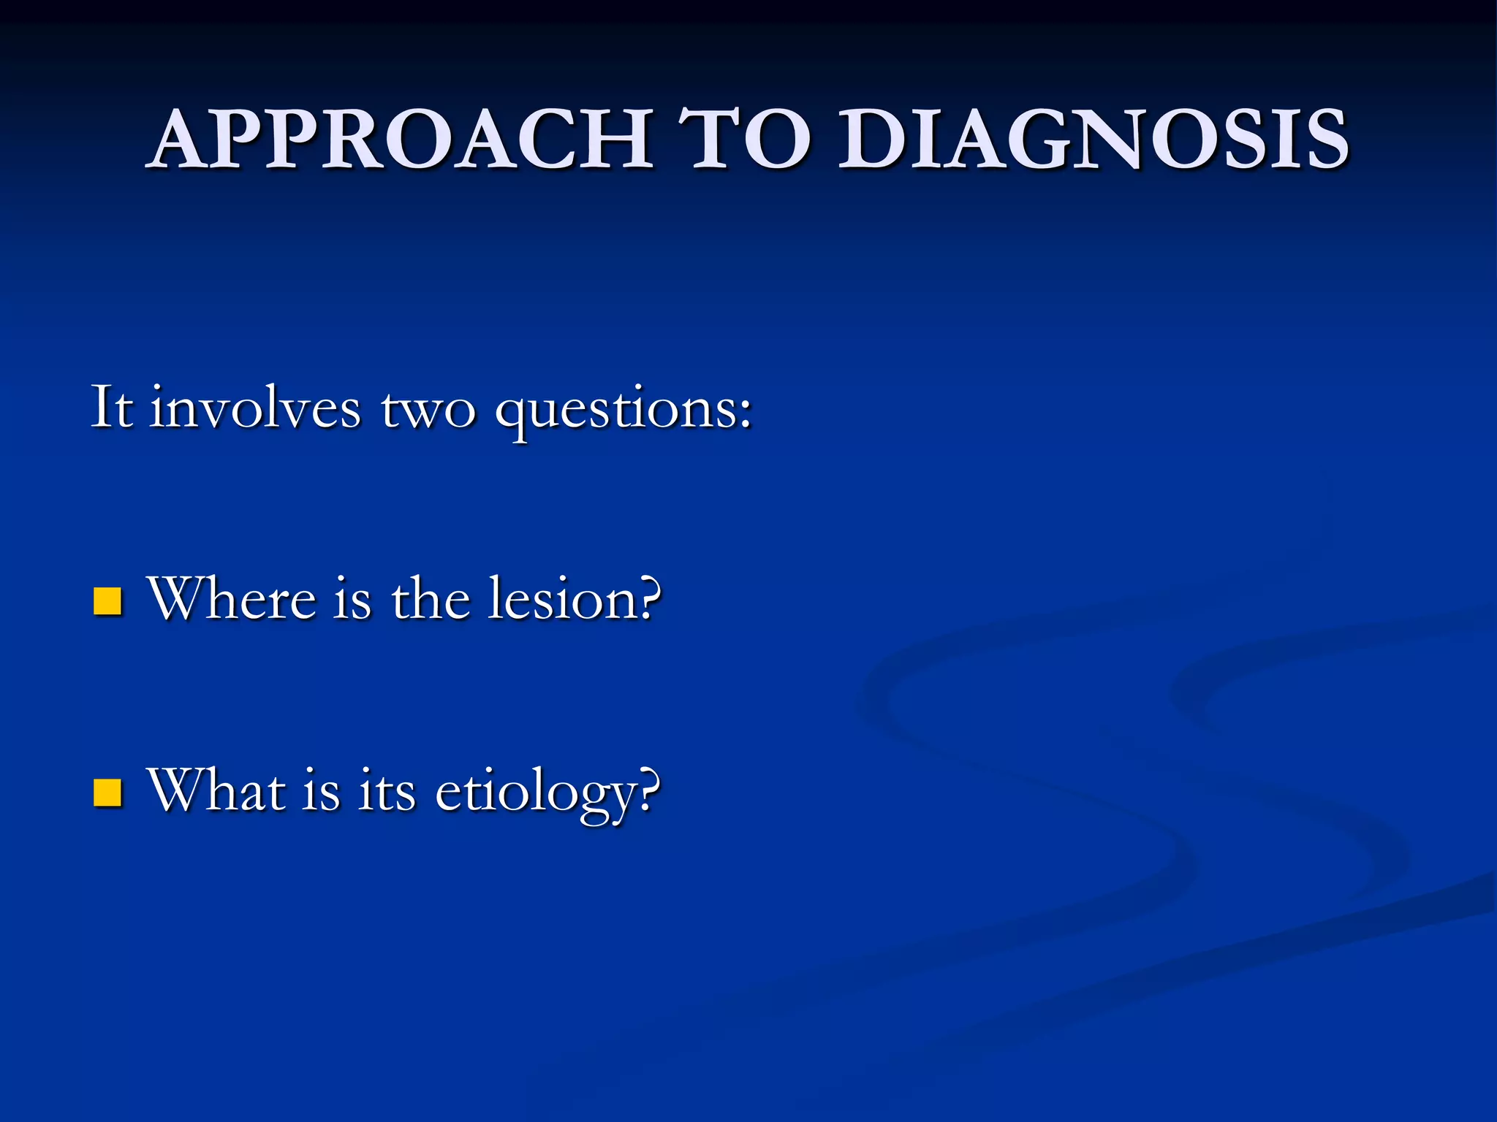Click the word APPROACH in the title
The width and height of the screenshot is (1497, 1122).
(x=401, y=139)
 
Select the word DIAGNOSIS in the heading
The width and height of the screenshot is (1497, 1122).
(x=1093, y=139)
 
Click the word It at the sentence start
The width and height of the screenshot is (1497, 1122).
(x=112, y=407)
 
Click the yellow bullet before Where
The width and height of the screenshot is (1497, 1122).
(x=107, y=601)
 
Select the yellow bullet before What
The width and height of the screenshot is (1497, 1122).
(x=107, y=793)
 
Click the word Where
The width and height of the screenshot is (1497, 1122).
(x=232, y=599)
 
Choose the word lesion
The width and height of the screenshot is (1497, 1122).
(x=558, y=599)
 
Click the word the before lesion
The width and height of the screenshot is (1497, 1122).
(x=431, y=599)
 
